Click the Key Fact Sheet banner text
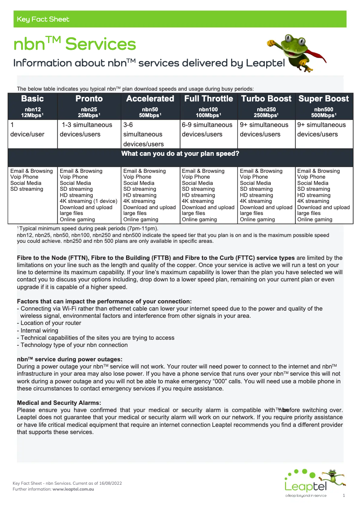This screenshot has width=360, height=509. (x=43, y=19)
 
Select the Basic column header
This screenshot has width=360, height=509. (x=32, y=99)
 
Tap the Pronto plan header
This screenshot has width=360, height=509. (x=89, y=99)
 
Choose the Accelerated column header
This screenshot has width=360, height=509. (x=150, y=99)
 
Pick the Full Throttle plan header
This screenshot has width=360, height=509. (x=209, y=99)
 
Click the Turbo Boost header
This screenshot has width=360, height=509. (x=266, y=99)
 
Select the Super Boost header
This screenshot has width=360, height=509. (x=324, y=99)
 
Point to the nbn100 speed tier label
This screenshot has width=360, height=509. (x=208, y=109)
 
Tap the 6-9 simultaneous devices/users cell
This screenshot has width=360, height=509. (x=207, y=130)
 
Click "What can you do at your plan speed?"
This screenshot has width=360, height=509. (x=180, y=154)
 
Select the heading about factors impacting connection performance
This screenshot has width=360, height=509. (x=104, y=301)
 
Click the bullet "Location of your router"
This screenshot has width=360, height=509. (x=51, y=323)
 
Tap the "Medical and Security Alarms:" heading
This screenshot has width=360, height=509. (x=59, y=403)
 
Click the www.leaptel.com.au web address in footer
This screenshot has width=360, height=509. (x=73, y=488)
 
